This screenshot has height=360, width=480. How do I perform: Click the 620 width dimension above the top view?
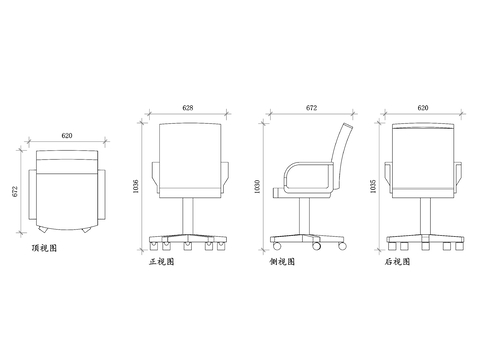pos(66,135)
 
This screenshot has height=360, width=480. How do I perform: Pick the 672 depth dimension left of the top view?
pos(15,190)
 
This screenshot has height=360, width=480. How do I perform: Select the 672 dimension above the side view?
pos(311,106)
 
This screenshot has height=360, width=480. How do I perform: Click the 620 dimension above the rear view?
pos(423,106)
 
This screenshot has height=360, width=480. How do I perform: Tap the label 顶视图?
pos(44,247)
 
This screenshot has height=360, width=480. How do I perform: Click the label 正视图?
pos(161,263)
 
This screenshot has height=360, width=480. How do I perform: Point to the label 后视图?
pos(399,263)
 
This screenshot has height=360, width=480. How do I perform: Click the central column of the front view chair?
pos(187,214)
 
